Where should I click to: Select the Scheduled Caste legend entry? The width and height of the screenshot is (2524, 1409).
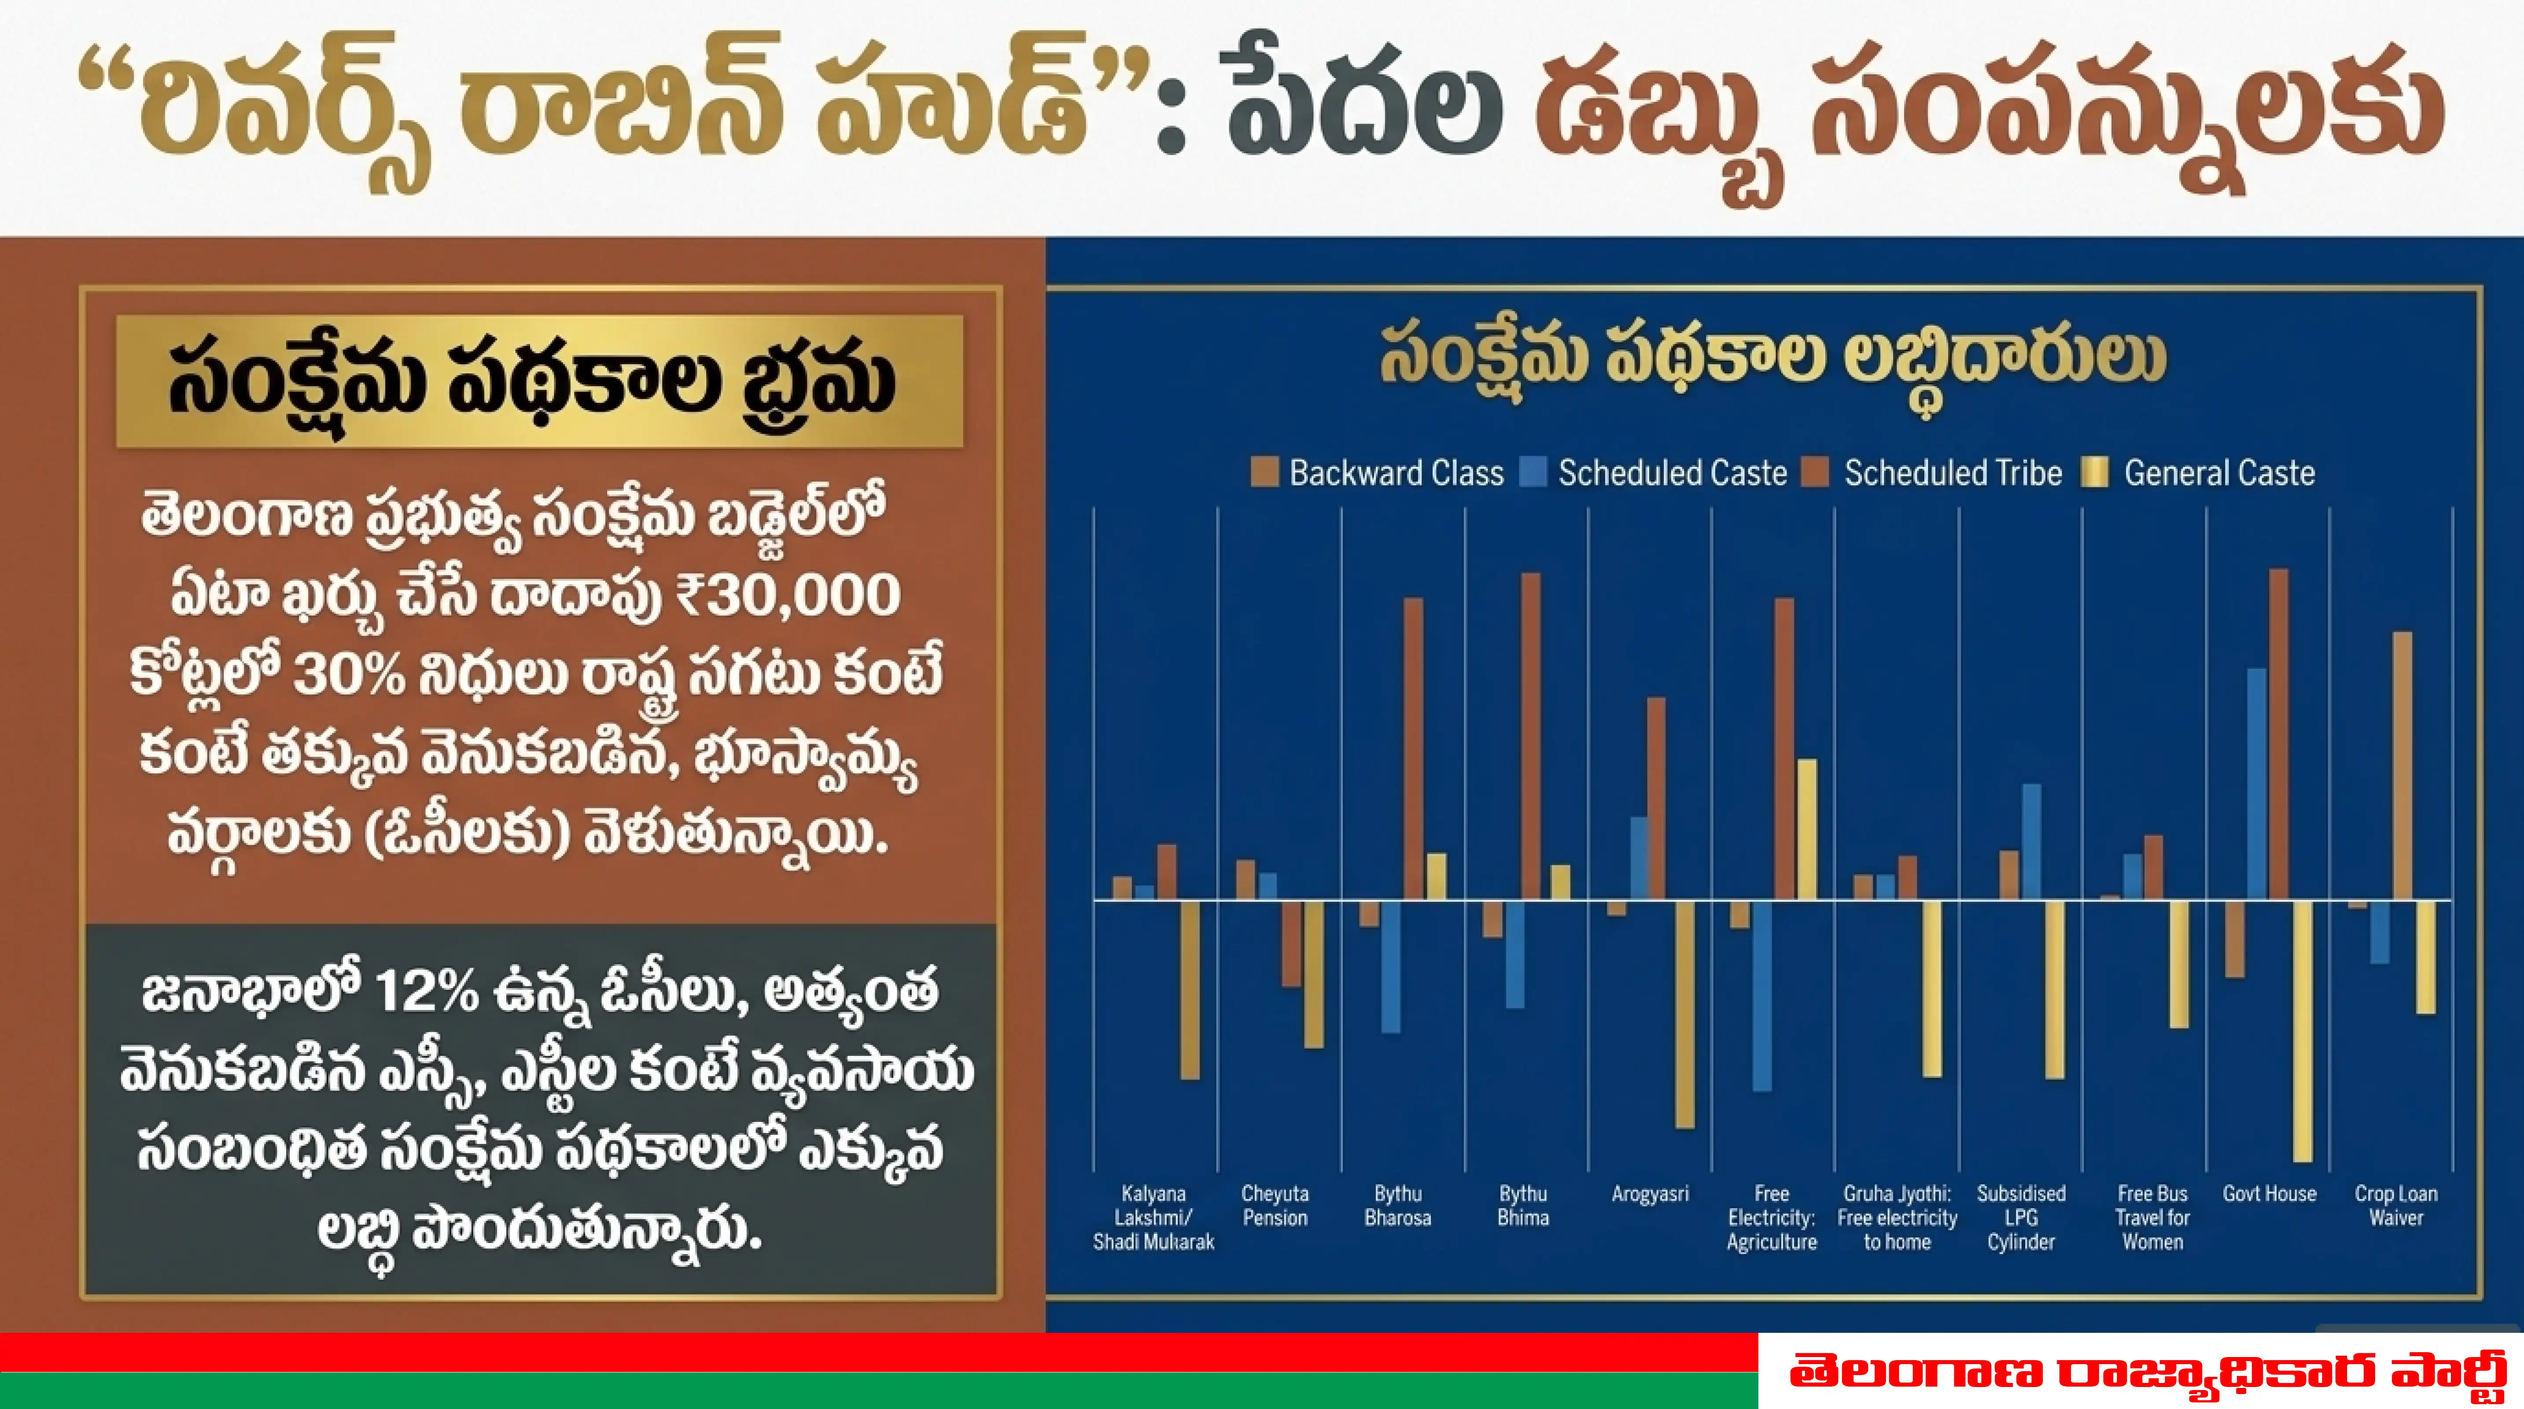pos(1656,473)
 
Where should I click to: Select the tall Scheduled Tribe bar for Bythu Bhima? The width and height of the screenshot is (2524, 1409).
pos(1530,735)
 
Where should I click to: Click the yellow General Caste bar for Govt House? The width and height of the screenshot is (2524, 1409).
pos(2303,1029)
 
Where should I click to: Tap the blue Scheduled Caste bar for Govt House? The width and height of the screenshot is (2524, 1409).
pos(2256,784)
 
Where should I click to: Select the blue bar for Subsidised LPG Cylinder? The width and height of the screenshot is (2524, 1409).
pos(2031,841)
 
